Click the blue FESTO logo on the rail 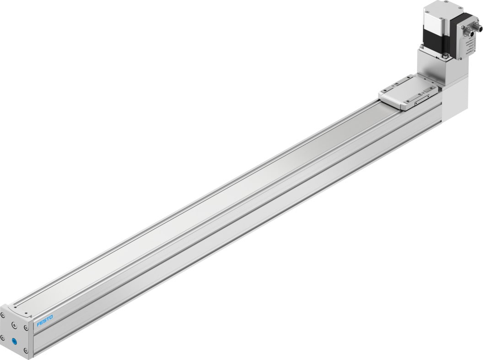click(x=45, y=320)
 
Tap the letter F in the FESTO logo click(x=38, y=324)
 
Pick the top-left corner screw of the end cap click(x=4, y=315)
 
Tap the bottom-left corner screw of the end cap click(x=4, y=338)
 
